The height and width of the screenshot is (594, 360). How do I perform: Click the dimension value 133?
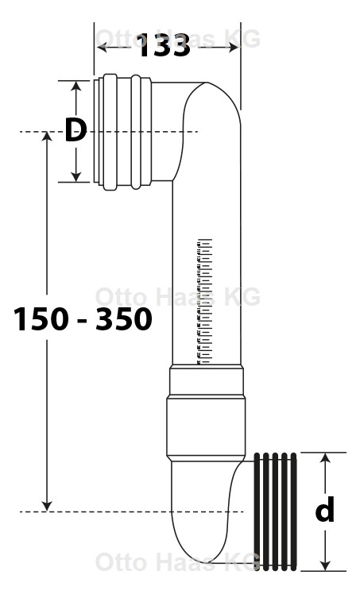click(x=165, y=47)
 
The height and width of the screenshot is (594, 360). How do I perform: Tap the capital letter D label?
click(x=75, y=130)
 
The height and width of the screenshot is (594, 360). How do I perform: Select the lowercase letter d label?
click(x=324, y=511)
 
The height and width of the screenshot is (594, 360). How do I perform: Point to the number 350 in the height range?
click(x=123, y=319)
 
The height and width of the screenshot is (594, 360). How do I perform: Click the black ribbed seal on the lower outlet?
click(x=276, y=511)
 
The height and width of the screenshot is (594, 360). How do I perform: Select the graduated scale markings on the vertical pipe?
click(x=204, y=302)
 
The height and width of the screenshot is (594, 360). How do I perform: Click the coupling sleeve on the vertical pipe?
click(x=205, y=413)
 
